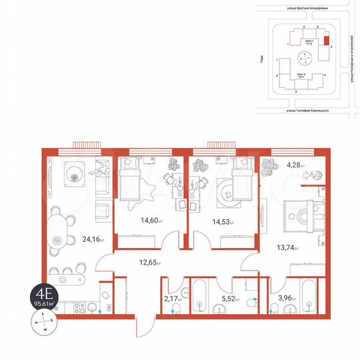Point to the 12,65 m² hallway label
click(x=151, y=261)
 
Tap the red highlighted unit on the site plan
click(x=326, y=39)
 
